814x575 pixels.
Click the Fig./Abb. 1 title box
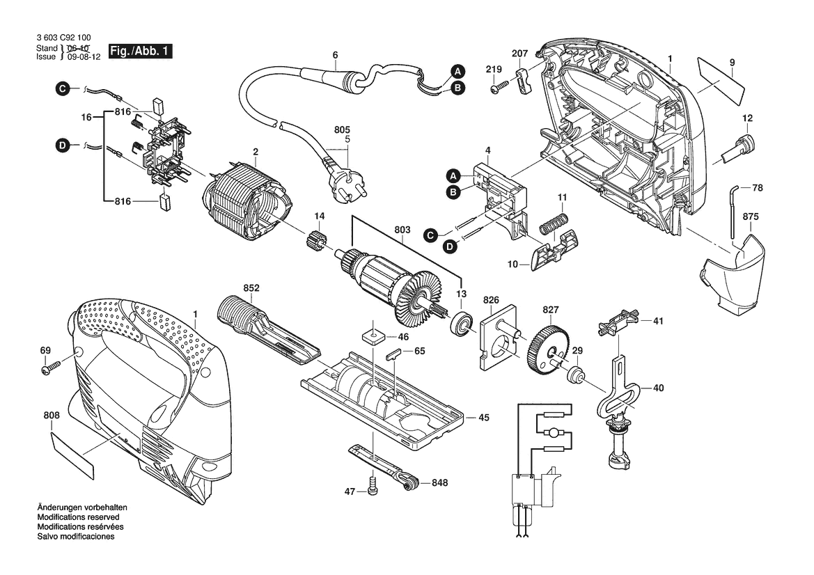[x=141, y=52]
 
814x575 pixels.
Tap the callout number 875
[x=749, y=216]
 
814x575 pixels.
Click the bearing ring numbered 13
[x=461, y=326]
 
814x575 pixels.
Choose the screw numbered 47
[x=373, y=490]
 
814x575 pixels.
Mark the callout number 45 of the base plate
[x=483, y=418]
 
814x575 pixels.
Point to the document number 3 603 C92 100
[x=65, y=39]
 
